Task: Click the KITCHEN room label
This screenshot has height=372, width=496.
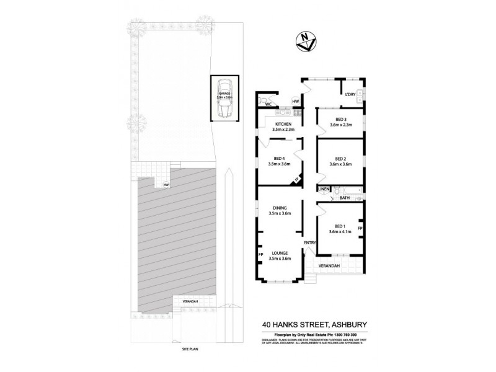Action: (x=283, y=126)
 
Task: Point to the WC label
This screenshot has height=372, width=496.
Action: (x=269, y=105)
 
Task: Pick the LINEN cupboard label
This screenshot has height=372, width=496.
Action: (x=324, y=188)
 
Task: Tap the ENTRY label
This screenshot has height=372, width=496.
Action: (x=310, y=242)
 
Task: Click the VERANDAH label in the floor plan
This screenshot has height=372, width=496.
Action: (x=330, y=266)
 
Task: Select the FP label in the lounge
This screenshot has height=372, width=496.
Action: (x=261, y=254)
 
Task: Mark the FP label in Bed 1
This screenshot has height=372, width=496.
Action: (x=360, y=228)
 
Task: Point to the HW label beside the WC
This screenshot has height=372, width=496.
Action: (x=296, y=101)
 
